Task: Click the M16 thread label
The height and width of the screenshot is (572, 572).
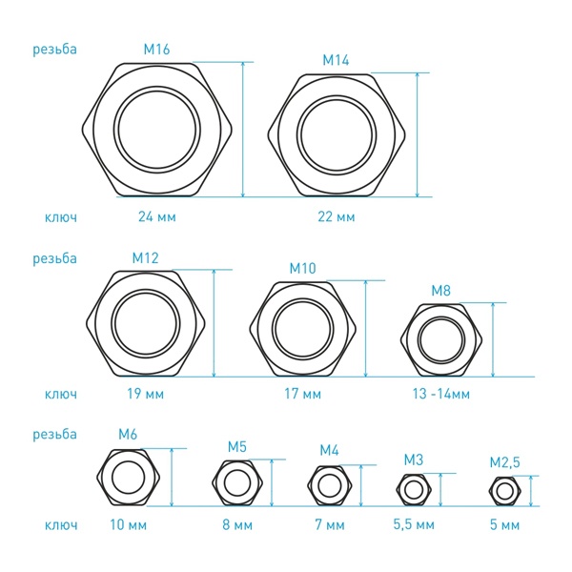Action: (x=156, y=50)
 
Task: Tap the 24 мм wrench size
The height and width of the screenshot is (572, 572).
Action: (x=157, y=217)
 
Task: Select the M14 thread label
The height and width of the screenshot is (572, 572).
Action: (x=336, y=60)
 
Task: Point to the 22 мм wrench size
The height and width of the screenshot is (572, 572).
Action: (x=336, y=217)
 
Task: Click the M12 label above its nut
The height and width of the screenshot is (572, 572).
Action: (x=145, y=258)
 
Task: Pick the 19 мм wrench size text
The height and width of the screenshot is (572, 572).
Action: (x=146, y=394)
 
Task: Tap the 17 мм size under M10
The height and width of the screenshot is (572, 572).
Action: (x=303, y=394)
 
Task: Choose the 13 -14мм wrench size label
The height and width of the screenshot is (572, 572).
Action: (x=441, y=394)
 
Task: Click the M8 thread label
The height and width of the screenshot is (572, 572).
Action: (x=441, y=291)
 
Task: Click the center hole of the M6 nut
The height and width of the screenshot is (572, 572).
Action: (x=128, y=478)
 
